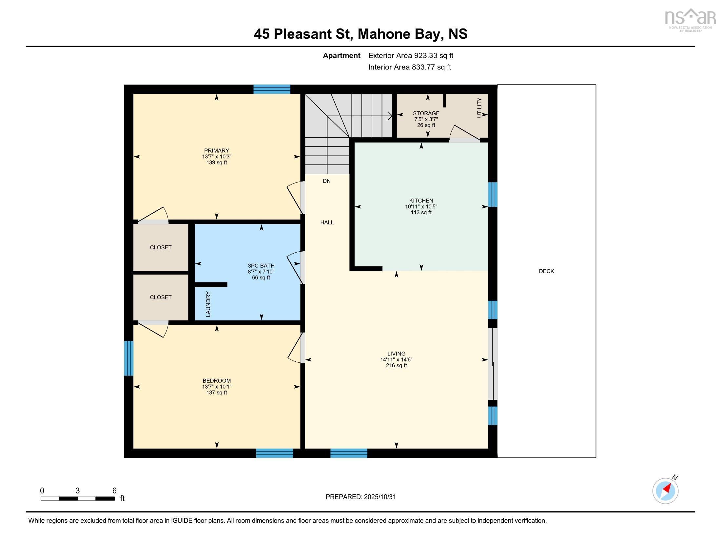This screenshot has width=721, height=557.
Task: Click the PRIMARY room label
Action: (x=216, y=150)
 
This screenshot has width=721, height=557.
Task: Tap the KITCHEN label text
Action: (x=421, y=201)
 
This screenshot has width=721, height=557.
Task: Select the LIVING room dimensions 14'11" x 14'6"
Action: (x=396, y=360)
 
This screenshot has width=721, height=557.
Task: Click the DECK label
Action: (x=546, y=271)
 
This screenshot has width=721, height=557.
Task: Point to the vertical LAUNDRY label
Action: (x=208, y=304)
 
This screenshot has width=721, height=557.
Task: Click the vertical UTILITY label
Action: (x=479, y=107)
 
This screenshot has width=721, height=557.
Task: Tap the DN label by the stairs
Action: (x=326, y=181)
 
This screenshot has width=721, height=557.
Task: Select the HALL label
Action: (x=327, y=222)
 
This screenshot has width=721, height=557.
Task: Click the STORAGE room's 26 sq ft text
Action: (x=426, y=125)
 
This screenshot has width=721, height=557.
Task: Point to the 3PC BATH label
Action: (x=261, y=266)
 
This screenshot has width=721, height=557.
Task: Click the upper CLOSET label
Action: (x=161, y=247)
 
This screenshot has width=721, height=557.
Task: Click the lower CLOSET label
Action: (x=161, y=297)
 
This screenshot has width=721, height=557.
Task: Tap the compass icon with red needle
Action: (x=665, y=491)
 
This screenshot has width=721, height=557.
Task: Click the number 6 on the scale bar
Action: (x=114, y=491)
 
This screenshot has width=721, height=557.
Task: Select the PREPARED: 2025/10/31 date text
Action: (x=360, y=497)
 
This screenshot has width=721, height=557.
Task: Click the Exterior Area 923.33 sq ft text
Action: (x=411, y=56)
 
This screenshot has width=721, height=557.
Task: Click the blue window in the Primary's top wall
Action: (x=272, y=89)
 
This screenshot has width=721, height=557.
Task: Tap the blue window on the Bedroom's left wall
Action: (x=129, y=358)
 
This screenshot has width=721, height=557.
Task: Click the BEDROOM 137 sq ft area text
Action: (x=216, y=393)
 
